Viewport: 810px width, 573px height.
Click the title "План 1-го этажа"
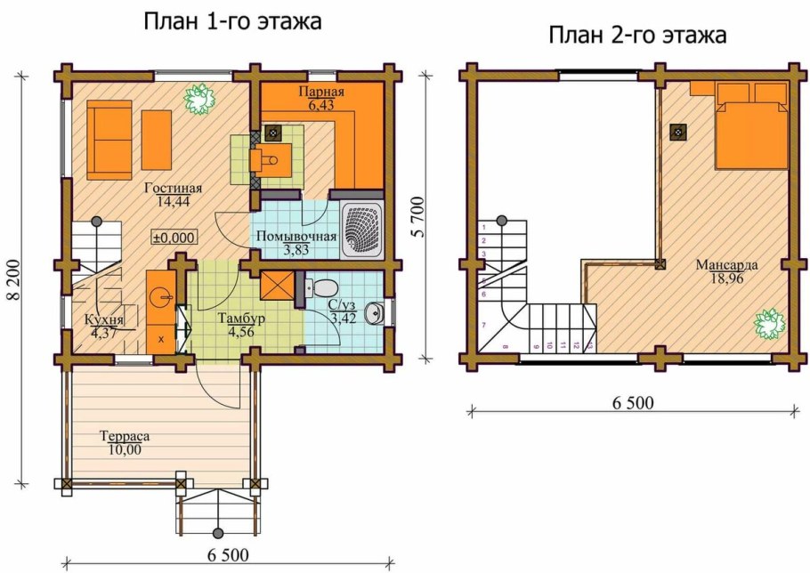point(232,22)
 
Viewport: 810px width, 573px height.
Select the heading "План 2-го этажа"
point(638,36)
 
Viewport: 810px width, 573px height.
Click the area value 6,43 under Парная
point(319,105)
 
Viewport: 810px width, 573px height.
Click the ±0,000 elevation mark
point(174,238)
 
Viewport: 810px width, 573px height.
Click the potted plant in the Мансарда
point(767,322)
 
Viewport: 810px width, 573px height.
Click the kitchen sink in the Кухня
point(161,295)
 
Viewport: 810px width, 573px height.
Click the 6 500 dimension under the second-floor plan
point(632,402)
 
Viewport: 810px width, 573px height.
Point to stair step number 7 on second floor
point(482,326)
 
